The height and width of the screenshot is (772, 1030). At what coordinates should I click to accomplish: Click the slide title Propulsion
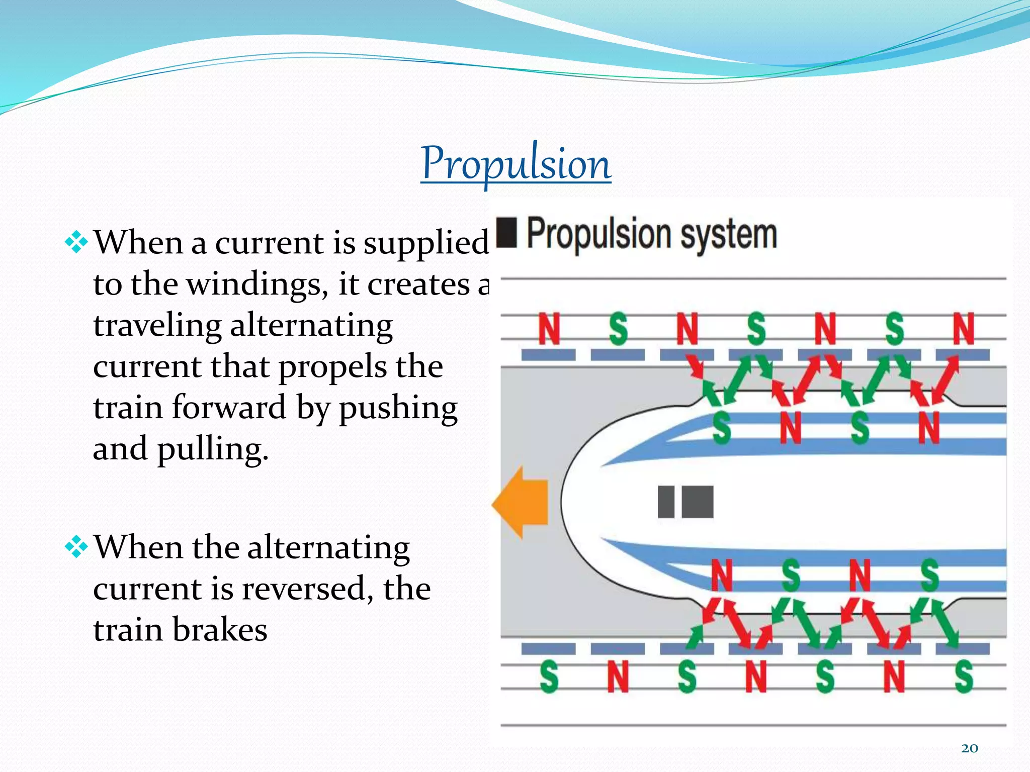516,163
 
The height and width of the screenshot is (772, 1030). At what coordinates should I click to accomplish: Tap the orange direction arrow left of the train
521,502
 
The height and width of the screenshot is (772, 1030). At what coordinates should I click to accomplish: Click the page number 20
970,748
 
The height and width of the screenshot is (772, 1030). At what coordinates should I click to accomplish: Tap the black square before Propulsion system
506,232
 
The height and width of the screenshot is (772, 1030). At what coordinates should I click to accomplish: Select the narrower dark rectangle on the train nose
666,502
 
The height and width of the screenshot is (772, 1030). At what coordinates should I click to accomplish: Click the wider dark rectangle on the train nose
697,502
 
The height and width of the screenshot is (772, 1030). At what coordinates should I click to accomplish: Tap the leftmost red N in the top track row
549,329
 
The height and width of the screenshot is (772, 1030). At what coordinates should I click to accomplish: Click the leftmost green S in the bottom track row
549,677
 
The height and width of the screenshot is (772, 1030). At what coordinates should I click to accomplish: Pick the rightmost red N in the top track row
964,329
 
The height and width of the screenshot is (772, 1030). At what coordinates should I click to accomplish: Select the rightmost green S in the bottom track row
964,677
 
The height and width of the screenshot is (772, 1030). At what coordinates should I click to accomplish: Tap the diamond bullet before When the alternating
76,547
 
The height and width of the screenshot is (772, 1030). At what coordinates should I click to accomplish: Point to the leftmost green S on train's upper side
722,428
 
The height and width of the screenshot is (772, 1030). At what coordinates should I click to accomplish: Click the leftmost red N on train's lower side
722,575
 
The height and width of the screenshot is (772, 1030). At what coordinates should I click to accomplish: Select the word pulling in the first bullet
212,448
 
